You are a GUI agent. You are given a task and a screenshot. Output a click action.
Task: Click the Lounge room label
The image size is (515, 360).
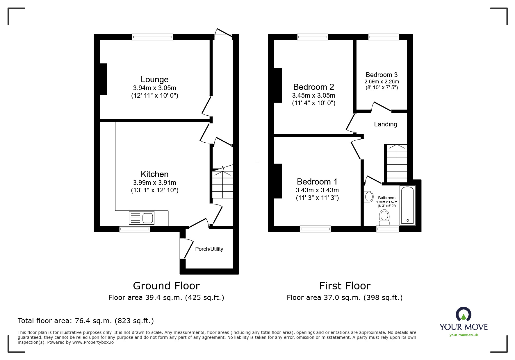[x=154, y=79]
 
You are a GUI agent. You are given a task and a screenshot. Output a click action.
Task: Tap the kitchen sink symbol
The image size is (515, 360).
[x=142, y=218]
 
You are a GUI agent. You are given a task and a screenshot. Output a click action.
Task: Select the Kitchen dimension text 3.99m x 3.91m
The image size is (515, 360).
[x=154, y=182]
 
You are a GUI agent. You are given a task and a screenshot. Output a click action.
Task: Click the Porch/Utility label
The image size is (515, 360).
[x=209, y=249]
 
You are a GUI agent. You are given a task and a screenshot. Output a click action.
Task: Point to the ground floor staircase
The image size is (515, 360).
[x=222, y=184]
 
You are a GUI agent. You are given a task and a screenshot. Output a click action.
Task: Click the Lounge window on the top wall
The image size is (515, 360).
[x=152, y=37]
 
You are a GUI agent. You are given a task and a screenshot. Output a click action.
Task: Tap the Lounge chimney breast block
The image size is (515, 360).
[x=104, y=79]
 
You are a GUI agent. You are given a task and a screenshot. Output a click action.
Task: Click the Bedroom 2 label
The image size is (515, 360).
[x=313, y=87]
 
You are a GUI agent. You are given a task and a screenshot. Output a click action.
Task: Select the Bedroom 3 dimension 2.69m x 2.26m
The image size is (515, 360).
[x=382, y=82]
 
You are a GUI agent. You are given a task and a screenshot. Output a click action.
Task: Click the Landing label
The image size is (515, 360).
[x=385, y=124]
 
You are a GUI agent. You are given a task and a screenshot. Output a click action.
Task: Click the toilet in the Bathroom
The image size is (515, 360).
[x=384, y=218]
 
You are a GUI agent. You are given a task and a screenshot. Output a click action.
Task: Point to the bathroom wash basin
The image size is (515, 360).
[x=369, y=197]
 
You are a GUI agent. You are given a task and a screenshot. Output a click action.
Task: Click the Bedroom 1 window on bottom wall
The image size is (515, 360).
[x=315, y=229]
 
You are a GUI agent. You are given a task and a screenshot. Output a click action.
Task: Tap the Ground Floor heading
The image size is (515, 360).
[x=166, y=286]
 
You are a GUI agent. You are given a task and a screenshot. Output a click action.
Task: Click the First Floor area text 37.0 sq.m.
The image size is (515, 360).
[x=344, y=298]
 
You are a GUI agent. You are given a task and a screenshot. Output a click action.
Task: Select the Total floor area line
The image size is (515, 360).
[x=86, y=321]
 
